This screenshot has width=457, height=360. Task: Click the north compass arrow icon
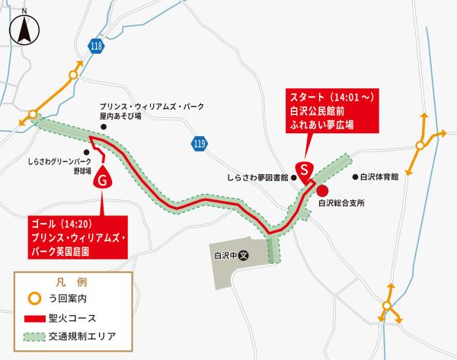tap(24, 28)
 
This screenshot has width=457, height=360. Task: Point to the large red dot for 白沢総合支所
tap(322, 190)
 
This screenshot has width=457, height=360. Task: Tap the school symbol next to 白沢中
tap(244, 256)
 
